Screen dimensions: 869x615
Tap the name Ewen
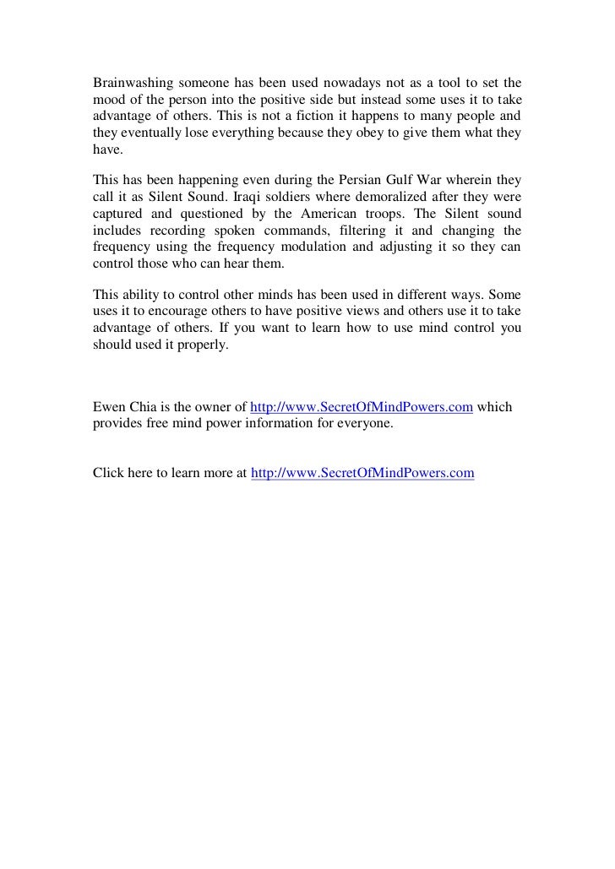click(108, 406)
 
